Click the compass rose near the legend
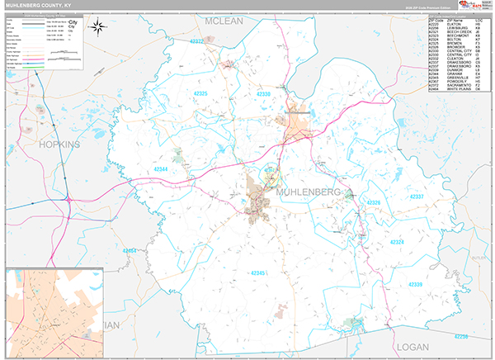[98, 27]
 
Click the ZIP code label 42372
[198, 40]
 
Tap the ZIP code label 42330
[263, 95]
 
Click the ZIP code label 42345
[258, 272]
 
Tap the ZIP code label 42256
[462, 337]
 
